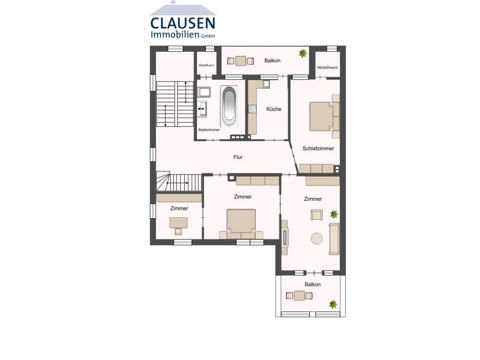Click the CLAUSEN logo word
pyautogui.click(x=183, y=23)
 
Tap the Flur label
pyautogui.click(x=238, y=157)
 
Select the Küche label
pyautogui.click(x=274, y=109)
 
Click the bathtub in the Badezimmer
pyautogui.click(x=229, y=106)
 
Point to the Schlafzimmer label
pyautogui.click(x=318, y=148)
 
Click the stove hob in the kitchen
pyautogui.click(x=252, y=109)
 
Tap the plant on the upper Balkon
pyautogui.click(x=303, y=53)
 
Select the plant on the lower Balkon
pyautogui.click(x=333, y=304)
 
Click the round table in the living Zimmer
pyautogui.click(x=317, y=238)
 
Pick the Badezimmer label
pyautogui.click(x=209, y=130)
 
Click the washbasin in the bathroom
pyautogui.click(x=202, y=109)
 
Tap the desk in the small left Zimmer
pyautogui.click(x=179, y=222)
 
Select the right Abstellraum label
pyautogui.click(x=327, y=67)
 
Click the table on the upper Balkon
pyautogui.click(x=241, y=61)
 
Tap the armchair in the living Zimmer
pyautogui.click(x=317, y=214)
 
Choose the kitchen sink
pyautogui.click(x=266, y=84)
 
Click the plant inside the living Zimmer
pyautogui.click(x=334, y=214)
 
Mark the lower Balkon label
pyautogui.click(x=313, y=285)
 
